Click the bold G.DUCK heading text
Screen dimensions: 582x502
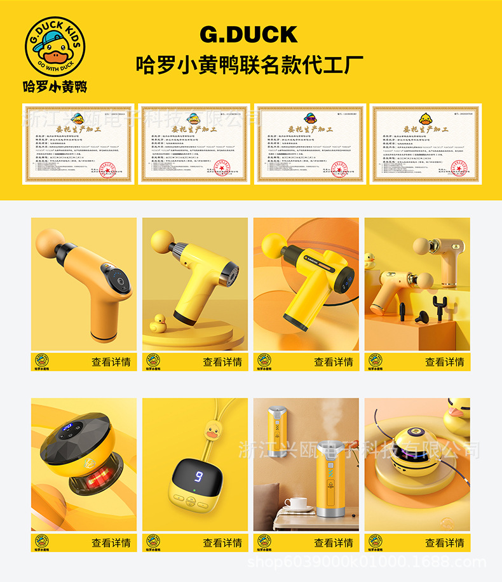click(x=248, y=34)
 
